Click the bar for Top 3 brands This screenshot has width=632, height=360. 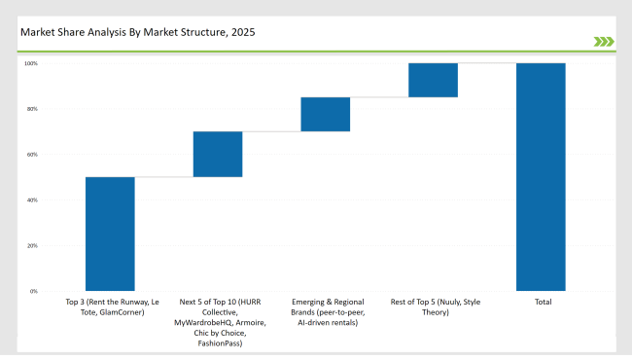click(x=110, y=234)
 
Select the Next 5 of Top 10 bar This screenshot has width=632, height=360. click(x=218, y=154)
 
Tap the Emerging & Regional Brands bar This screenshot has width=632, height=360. click(x=325, y=114)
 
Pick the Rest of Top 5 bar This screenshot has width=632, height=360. click(x=433, y=80)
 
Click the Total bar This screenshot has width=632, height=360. click(x=541, y=176)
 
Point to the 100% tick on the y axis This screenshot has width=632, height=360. click(x=30, y=63)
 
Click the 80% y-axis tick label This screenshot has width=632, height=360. click(x=31, y=109)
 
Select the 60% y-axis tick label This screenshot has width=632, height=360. click(x=31, y=155)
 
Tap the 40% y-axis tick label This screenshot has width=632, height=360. click(x=31, y=200)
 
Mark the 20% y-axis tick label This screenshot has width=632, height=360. click(x=31, y=246)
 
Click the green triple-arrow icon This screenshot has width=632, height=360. click(x=603, y=41)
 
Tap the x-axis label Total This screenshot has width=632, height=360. click(x=543, y=303)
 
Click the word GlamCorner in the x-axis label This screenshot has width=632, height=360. click(x=124, y=312)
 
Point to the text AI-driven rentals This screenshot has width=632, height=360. click(x=328, y=322)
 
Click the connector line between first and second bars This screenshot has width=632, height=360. click(x=163, y=177)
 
